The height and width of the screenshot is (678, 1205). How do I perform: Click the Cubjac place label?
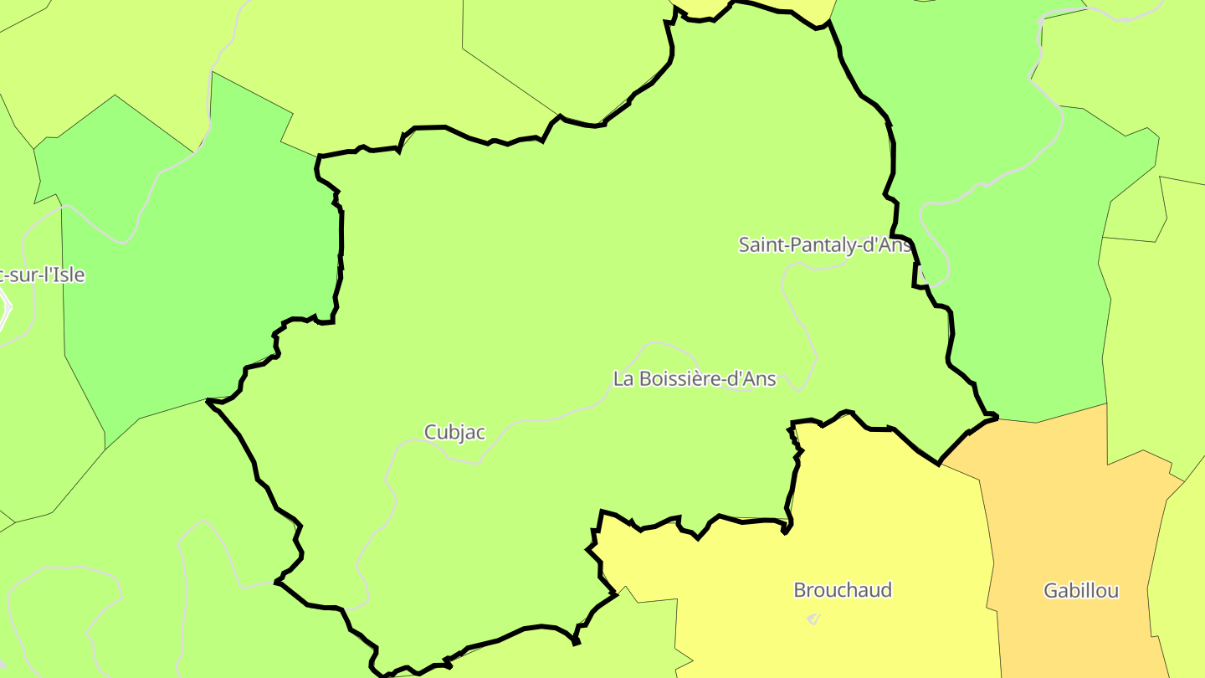[x=454, y=432]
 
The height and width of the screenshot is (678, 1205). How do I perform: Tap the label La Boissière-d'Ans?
[x=695, y=379]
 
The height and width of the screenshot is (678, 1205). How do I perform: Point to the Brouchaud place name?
[x=843, y=590]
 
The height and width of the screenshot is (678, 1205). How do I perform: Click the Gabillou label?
[x=1081, y=591]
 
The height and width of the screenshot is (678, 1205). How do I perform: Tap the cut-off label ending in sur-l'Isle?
[x=42, y=275]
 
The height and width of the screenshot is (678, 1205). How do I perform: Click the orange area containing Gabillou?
[x=1071, y=519]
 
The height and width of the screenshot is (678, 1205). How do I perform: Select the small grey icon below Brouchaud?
[x=813, y=619]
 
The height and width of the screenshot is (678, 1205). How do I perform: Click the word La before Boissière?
[x=623, y=379]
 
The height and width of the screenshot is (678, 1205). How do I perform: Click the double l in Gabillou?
[x=1087, y=591]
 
